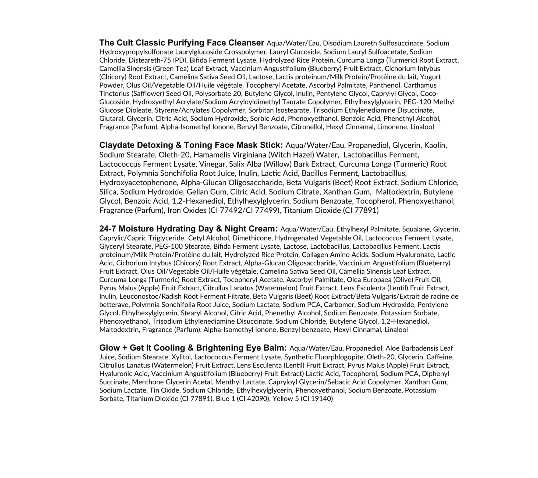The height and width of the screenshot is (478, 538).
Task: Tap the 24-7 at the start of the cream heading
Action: tap(108, 229)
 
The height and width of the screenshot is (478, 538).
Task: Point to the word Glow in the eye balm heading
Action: tap(109, 348)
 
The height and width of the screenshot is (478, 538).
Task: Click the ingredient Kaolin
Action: tap(435, 145)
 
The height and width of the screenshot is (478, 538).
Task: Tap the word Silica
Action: tap(108, 192)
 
